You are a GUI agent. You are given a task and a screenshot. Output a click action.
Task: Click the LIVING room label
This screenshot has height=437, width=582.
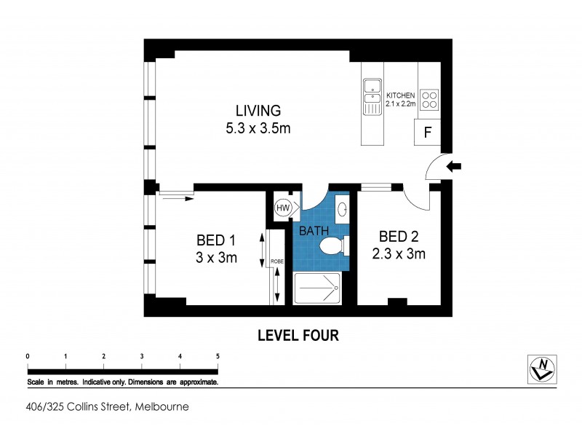(258, 111)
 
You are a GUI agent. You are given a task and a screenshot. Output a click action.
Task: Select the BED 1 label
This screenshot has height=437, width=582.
(217, 240)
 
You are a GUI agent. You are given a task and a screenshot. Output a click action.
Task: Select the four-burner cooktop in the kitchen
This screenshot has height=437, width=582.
(429, 98)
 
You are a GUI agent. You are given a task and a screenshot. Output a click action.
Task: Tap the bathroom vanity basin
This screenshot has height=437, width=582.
(343, 210)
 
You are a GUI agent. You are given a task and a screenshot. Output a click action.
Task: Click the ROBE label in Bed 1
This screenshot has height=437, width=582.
(276, 261)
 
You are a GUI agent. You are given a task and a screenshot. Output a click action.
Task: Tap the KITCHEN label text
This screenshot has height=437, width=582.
(400, 95)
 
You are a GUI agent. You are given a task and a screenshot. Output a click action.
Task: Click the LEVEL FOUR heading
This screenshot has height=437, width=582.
(298, 336)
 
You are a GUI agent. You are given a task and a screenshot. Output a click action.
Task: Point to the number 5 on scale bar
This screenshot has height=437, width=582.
(218, 355)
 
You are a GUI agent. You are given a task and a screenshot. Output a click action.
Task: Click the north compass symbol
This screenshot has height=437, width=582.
(541, 369)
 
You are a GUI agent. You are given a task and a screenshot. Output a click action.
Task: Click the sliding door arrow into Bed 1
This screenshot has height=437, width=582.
(175, 194)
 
